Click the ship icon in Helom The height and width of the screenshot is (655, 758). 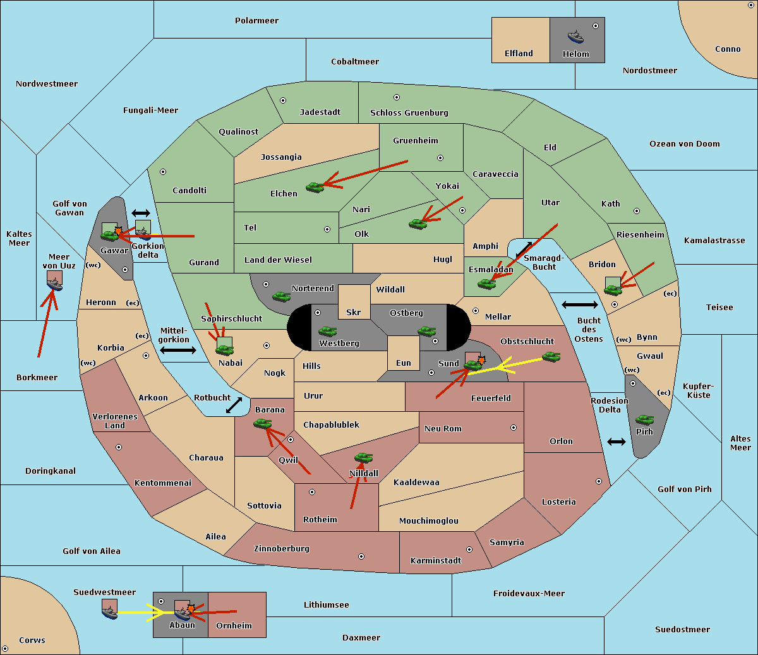click(575, 37)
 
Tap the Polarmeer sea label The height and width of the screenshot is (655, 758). click(256, 21)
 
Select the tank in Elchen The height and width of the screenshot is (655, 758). click(315, 188)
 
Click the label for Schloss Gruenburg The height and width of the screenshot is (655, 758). click(409, 112)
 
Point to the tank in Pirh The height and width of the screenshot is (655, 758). click(644, 419)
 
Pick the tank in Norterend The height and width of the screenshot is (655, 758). click(281, 296)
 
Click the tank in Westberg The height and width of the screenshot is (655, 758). click(327, 331)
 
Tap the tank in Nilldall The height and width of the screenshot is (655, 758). click(363, 458)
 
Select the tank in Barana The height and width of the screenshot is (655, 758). click(262, 424)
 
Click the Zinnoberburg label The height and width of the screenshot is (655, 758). click(282, 549)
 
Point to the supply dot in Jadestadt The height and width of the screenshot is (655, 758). click(283, 100)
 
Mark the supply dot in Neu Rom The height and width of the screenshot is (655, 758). click(514, 428)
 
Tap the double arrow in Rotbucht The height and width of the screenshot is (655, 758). click(234, 406)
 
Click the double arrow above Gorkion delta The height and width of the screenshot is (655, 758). click(141, 213)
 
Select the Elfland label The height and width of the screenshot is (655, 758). click(519, 54)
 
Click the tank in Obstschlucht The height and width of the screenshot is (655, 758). click(551, 356)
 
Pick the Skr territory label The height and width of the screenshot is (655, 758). click(354, 312)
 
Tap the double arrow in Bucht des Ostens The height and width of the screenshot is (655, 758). click(580, 304)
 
